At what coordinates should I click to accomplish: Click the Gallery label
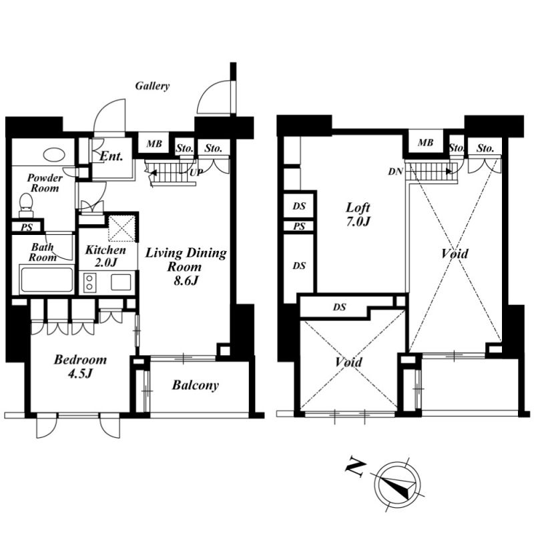tap(152, 86)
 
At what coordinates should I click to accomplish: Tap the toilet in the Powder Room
tap(26, 205)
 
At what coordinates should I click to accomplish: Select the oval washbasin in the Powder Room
tap(54, 155)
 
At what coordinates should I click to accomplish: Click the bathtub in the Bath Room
tap(47, 280)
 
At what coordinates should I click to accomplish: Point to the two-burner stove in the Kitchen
tap(89, 282)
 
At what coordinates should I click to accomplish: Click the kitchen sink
tap(121, 282)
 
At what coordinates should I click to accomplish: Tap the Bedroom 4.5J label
tap(80, 366)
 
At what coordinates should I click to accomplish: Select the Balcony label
tap(195, 385)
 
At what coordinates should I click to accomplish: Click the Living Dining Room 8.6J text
tap(186, 266)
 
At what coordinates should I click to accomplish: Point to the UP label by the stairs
tap(196, 173)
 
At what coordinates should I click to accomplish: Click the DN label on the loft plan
tap(395, 172)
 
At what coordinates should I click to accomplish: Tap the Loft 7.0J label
tap(358, 214)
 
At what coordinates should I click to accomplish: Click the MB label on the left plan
tap(154, 144)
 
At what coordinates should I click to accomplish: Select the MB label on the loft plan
tap(425, 142)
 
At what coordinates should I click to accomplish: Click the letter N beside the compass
tap(356, 470)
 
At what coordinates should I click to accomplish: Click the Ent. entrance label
tap(111, 156)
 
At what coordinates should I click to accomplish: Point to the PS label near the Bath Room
tap(27, 227)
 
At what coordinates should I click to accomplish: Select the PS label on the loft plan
tap(299, 226)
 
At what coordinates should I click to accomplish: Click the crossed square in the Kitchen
tap(121, 228)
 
